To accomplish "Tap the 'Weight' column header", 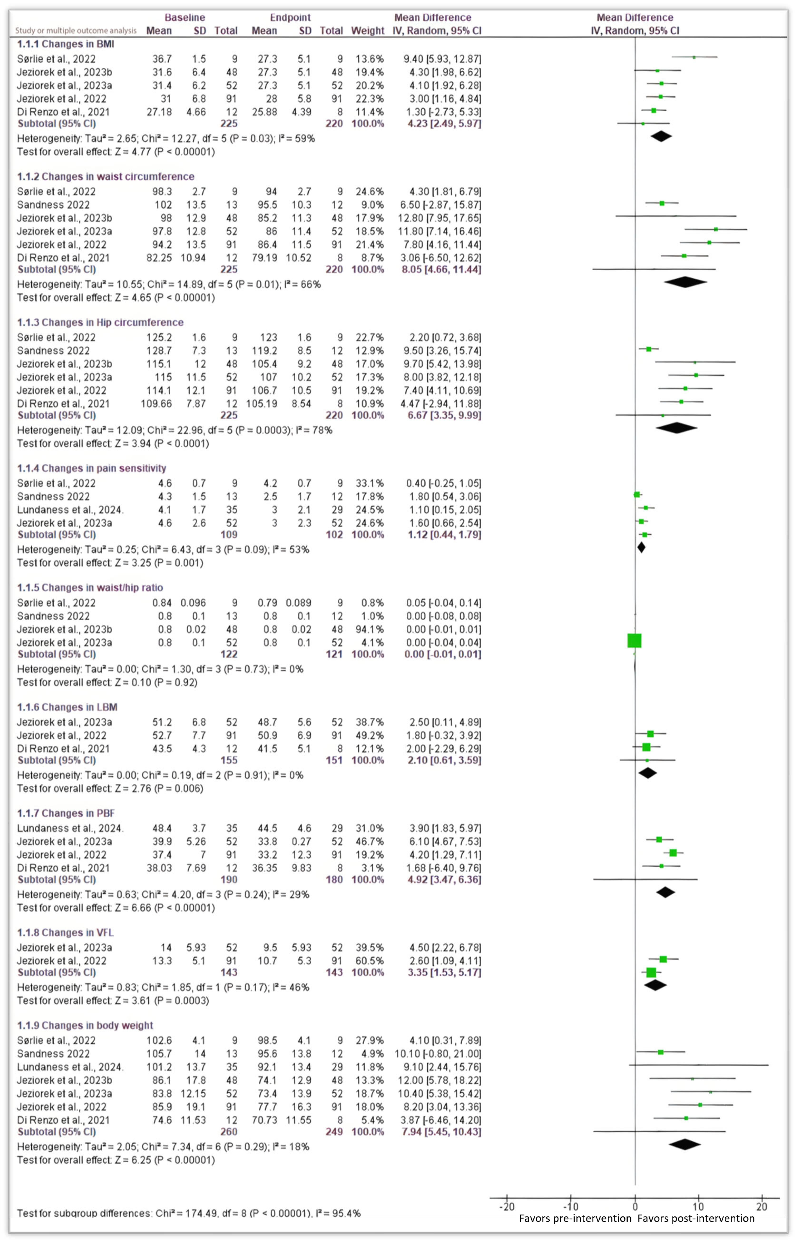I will [x=367, y=30].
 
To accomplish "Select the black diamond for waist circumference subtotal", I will [x=685, y=282].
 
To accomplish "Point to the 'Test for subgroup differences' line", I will [x=189, y=1213].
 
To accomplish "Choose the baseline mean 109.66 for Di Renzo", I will [x=156, y=404].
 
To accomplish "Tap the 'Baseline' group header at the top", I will [x=185, y=18].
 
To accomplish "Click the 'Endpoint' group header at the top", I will [x=290, y=18].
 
